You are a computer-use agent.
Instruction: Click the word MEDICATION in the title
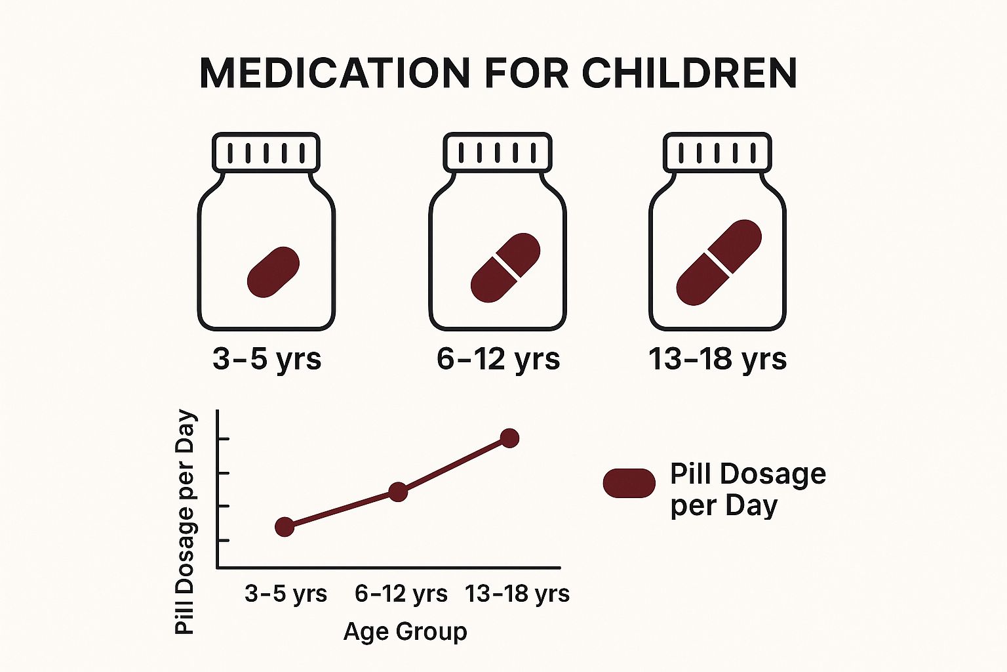pos(335,73)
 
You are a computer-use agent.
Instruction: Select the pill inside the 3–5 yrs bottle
pos(273,272)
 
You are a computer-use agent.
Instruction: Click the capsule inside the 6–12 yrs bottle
pos(505,268)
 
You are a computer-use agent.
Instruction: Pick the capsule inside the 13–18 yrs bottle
pos(719,263)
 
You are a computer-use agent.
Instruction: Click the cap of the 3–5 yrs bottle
pos(266,152)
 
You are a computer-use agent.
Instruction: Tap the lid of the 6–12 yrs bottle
pos(497,152)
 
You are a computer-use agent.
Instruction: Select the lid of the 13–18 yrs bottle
pos(717,152)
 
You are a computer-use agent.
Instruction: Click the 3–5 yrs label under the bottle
pos(267,359)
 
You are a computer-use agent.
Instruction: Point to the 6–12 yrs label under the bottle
pos(498,359)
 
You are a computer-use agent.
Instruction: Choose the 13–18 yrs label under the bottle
pos(717,359)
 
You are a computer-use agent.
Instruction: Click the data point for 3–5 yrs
pos(285,527)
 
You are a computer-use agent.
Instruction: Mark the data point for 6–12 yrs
pos(398,492)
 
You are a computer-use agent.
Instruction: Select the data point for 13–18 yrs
pos(510,438)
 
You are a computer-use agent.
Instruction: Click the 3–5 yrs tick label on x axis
pos(286,594)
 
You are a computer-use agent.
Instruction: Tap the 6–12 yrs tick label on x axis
pos(401,594)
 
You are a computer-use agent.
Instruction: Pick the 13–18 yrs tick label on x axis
pos(517,594)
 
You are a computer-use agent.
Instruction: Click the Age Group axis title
pos(405,631)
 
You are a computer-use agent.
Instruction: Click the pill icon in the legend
pos(629,484)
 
